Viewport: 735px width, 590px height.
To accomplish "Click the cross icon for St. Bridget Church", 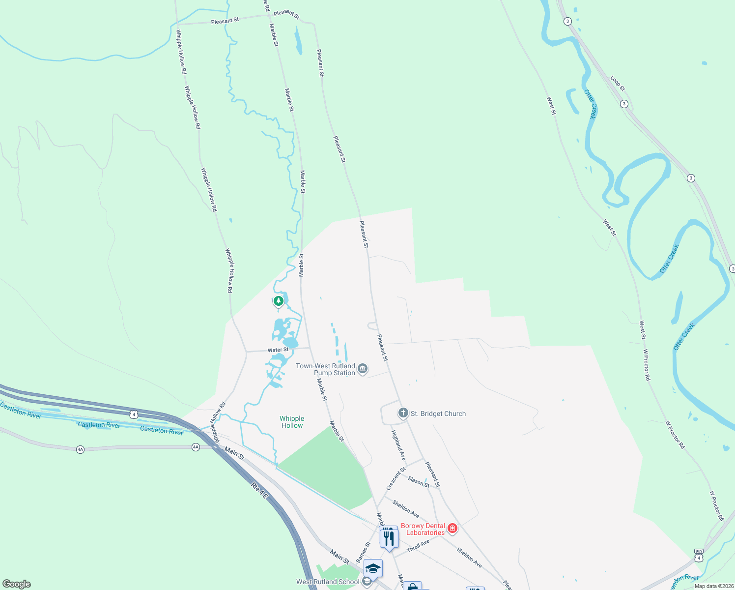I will (x=403, y=413).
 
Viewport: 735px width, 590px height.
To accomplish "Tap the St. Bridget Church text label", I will (x=438, y=414).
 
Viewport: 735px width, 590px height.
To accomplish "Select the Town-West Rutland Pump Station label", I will (x=325, y=369).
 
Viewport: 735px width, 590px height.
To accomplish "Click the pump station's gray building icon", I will (x=363, y=368).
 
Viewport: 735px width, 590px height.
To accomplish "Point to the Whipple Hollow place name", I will (x=292, y=422).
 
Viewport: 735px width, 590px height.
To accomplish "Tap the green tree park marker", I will (x=279, y=300).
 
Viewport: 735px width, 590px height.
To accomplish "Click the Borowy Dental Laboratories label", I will (x=423, y=529).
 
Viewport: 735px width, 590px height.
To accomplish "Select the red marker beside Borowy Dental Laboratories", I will (x=452, y=529).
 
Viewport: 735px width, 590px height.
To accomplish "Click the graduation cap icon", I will (x=373, y=568).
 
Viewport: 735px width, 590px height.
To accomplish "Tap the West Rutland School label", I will (x=328, y=582).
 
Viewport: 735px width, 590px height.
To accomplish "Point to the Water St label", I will (x=278, y=350).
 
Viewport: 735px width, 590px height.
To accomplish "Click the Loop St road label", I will (x=618, y=83).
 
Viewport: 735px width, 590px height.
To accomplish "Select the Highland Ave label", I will (x=398, y=445).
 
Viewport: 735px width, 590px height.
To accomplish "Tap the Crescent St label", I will (x=396, y=478).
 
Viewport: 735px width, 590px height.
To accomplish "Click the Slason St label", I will (x=419, y=482).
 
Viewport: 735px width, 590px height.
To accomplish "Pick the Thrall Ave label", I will (x=418, y=545).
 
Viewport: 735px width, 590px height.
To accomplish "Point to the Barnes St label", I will (x=364, y=553).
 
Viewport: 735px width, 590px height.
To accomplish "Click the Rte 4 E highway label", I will (x=259, y=491).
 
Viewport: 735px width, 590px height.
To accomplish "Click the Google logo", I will (x=17, y=584).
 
